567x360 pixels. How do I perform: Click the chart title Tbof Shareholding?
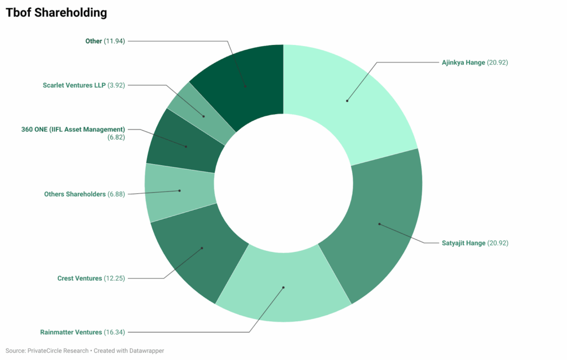point(56,12)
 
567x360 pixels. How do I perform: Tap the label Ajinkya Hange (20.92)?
point(475,63)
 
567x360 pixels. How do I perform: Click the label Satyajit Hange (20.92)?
point(475,243)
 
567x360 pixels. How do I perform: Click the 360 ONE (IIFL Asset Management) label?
point(73,130)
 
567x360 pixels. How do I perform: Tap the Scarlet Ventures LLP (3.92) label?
point(84,85)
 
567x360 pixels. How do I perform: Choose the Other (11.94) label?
point(105,41)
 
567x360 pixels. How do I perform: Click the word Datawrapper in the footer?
point(146,351)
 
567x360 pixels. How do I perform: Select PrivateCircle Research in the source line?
point(57,351)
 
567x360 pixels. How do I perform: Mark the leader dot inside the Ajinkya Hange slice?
point(347,101)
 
